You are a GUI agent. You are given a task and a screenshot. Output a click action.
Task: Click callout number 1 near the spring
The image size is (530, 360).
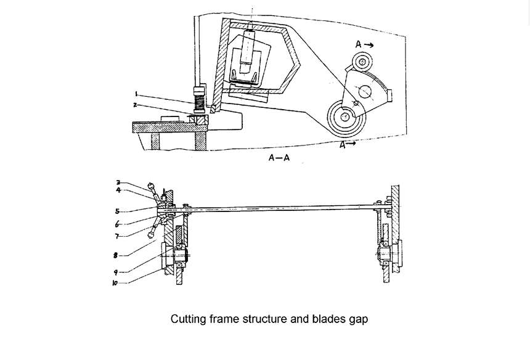pos(136,94)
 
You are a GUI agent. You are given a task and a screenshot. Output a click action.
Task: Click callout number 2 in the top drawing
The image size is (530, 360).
pos(135,105)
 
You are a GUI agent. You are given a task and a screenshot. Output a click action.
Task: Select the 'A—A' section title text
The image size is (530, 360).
pos(279,158)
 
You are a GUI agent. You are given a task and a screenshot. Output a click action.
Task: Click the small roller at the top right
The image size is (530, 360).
pos(362,62)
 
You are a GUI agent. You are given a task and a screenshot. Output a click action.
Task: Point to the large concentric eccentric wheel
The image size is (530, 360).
pos(346,117)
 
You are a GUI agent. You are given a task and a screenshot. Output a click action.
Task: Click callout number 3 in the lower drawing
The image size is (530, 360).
pos(118,183)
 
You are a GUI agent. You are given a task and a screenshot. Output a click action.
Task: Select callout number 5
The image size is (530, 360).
pos(117,211)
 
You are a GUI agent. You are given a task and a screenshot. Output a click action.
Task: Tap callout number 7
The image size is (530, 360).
pos(117,236)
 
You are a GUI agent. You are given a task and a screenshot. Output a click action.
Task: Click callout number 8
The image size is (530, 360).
pos(116,255)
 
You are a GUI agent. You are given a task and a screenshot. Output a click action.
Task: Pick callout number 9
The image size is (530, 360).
pos(116,272)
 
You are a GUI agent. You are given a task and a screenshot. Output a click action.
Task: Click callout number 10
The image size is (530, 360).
pos(115,283)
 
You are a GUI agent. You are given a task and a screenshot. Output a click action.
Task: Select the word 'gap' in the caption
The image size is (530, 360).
pos(357,320)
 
